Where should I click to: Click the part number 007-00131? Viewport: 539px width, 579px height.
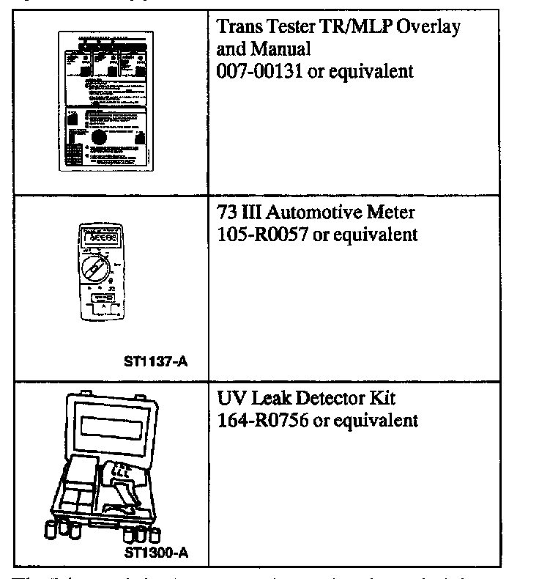(x=261, y=72)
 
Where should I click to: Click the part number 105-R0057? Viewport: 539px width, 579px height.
(x=263, y=235)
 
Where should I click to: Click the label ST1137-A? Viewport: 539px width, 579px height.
(x=158, y=360)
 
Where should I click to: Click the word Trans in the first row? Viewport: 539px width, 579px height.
(x=239, y=28)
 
